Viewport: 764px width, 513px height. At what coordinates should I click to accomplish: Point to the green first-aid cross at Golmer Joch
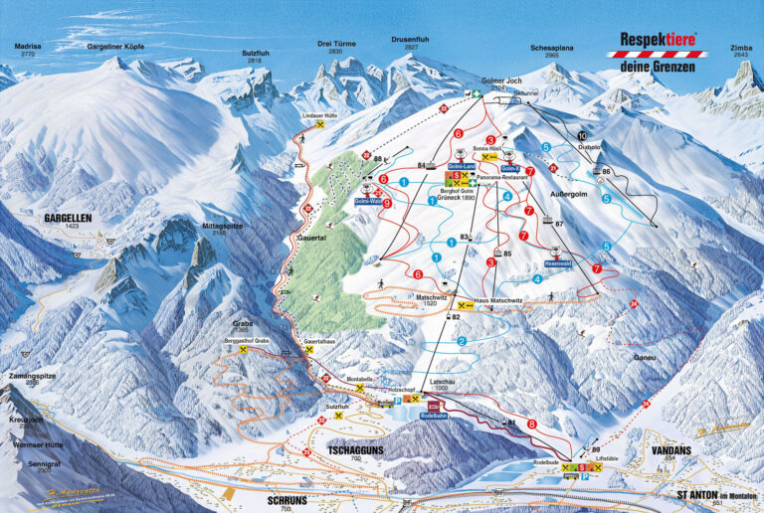point(477,94)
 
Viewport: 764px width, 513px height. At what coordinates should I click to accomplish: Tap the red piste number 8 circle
point(531,424)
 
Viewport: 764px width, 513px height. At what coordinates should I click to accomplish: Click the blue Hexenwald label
point(557,263)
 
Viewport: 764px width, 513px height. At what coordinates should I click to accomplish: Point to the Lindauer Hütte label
point(317,115)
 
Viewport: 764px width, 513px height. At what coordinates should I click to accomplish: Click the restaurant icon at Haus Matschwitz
point(462,306)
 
